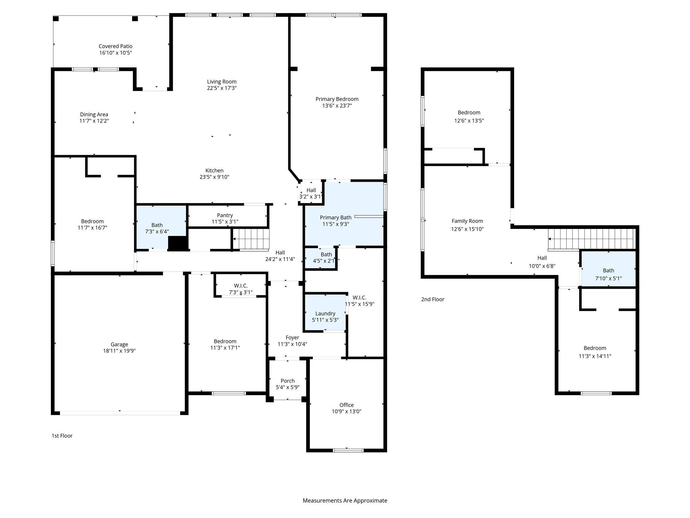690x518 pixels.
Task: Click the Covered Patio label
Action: (x=116, y=46)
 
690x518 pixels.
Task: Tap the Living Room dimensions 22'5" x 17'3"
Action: (x=222, y=88)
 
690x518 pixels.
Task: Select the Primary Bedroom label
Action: (x=337, y=99)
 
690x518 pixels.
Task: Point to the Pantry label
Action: (x=225, y=215)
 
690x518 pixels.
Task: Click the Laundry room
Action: (x=325, y=312)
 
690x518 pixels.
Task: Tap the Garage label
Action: (x=119, y=344)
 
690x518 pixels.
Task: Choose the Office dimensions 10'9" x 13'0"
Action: (x=346, y=411)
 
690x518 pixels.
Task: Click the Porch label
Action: (x=287, y=381)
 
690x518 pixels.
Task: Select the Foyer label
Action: (x=292, y=338)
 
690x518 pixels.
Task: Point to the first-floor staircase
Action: (x=251, y=239)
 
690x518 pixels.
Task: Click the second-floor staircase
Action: (x=591, y=239)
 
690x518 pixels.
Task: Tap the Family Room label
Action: (x=467, y=221)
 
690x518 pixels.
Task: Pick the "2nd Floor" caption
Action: (x=433, y=299)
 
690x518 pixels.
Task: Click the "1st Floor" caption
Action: (x=62, y=436)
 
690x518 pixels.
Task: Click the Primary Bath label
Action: (x=336, y=218)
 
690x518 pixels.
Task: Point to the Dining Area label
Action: (x=94, y=114)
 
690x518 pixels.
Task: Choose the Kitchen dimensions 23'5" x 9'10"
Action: (x=214, y=177)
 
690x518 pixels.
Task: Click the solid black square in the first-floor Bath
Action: (x=178, y=243)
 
